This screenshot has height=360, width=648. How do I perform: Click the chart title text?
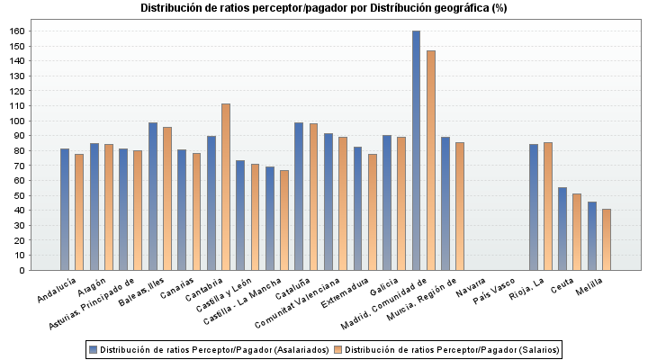click(x=324, y=8)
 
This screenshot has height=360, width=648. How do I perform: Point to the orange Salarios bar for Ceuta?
click(x=577, y=231)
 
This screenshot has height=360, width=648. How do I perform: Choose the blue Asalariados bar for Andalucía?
click(x=65, y=209)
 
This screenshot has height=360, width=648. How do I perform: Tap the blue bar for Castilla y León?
click(x=240, y=215)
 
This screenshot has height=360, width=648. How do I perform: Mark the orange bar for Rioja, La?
click(x=548, y=206)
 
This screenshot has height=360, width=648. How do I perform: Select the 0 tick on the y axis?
click(x=24, y=270)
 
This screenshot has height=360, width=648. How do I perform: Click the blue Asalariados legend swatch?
click(x=93, y=348)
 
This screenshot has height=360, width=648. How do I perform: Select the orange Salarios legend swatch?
click(x=338, y=348)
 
